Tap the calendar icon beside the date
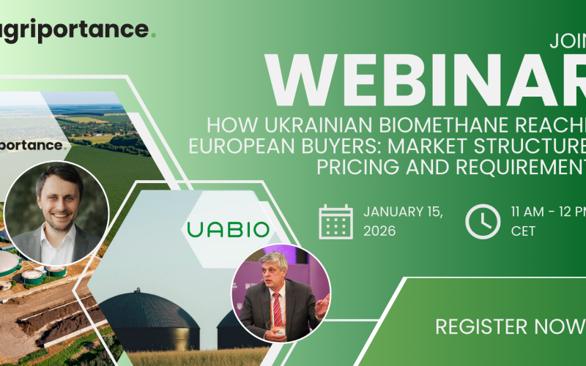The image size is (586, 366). pos(335,221)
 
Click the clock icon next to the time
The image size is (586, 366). pos(482,221)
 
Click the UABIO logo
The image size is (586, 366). pos(228,230)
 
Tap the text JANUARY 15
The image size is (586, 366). pos(402,212)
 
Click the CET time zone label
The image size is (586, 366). pos(523,231)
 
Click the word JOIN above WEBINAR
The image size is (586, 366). pos(568,42)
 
